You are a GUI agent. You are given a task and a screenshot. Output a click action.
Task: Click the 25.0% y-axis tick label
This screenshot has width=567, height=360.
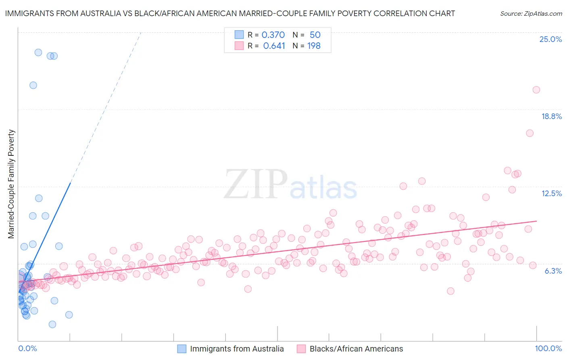(550, 39)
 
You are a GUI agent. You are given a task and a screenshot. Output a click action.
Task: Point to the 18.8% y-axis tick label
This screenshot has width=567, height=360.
(551, 116)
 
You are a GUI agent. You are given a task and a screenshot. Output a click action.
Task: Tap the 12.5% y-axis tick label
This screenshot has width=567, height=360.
(551, 193)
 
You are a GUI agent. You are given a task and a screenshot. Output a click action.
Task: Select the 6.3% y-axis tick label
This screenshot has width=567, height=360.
(553, 271)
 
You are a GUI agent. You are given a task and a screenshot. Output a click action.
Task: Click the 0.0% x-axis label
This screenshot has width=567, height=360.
(27, 348)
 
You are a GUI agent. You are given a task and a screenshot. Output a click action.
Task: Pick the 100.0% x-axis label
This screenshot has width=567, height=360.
(548, 348)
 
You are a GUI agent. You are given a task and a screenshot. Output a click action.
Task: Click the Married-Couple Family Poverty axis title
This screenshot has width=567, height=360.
(11, 184)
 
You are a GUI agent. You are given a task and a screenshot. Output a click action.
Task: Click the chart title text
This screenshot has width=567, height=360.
(230, 13)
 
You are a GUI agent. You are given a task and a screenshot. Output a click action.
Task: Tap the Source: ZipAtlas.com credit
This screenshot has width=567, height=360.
(531, 13)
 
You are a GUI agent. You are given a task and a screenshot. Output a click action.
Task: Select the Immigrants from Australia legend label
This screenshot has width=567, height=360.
(237, 349)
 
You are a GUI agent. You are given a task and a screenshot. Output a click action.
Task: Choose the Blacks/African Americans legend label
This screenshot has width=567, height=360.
(356, 349)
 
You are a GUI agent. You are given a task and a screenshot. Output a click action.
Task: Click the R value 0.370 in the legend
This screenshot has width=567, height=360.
(273, 35)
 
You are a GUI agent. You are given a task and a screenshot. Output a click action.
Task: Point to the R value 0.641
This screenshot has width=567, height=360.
(274, 46)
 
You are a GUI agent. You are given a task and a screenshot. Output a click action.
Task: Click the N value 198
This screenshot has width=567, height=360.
(314, 46)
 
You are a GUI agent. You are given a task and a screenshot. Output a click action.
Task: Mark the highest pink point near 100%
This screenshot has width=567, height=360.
(536, 90)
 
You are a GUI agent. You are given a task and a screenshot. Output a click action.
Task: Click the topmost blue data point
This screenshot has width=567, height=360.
(38, 52)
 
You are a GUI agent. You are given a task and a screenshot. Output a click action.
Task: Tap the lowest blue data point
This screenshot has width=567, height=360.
(52, 324)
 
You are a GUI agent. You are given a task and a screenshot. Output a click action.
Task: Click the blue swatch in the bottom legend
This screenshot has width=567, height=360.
(182, 349)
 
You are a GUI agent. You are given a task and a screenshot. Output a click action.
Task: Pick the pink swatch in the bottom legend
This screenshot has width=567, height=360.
(301, 349)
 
